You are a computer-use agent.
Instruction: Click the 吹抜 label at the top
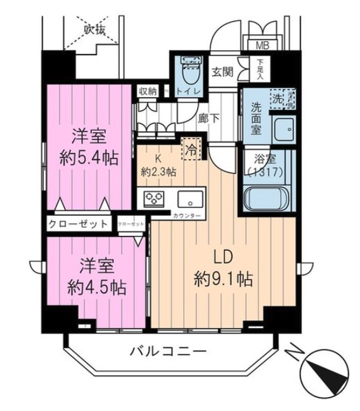pos(96,28)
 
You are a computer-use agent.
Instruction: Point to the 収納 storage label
pos(148,91)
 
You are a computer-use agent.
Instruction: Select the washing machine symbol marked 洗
pos(280,98)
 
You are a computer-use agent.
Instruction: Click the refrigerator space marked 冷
pos(190,149)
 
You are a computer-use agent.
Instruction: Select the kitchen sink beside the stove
pos(188,199)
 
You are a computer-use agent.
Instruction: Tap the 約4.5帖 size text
pos(96,287)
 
